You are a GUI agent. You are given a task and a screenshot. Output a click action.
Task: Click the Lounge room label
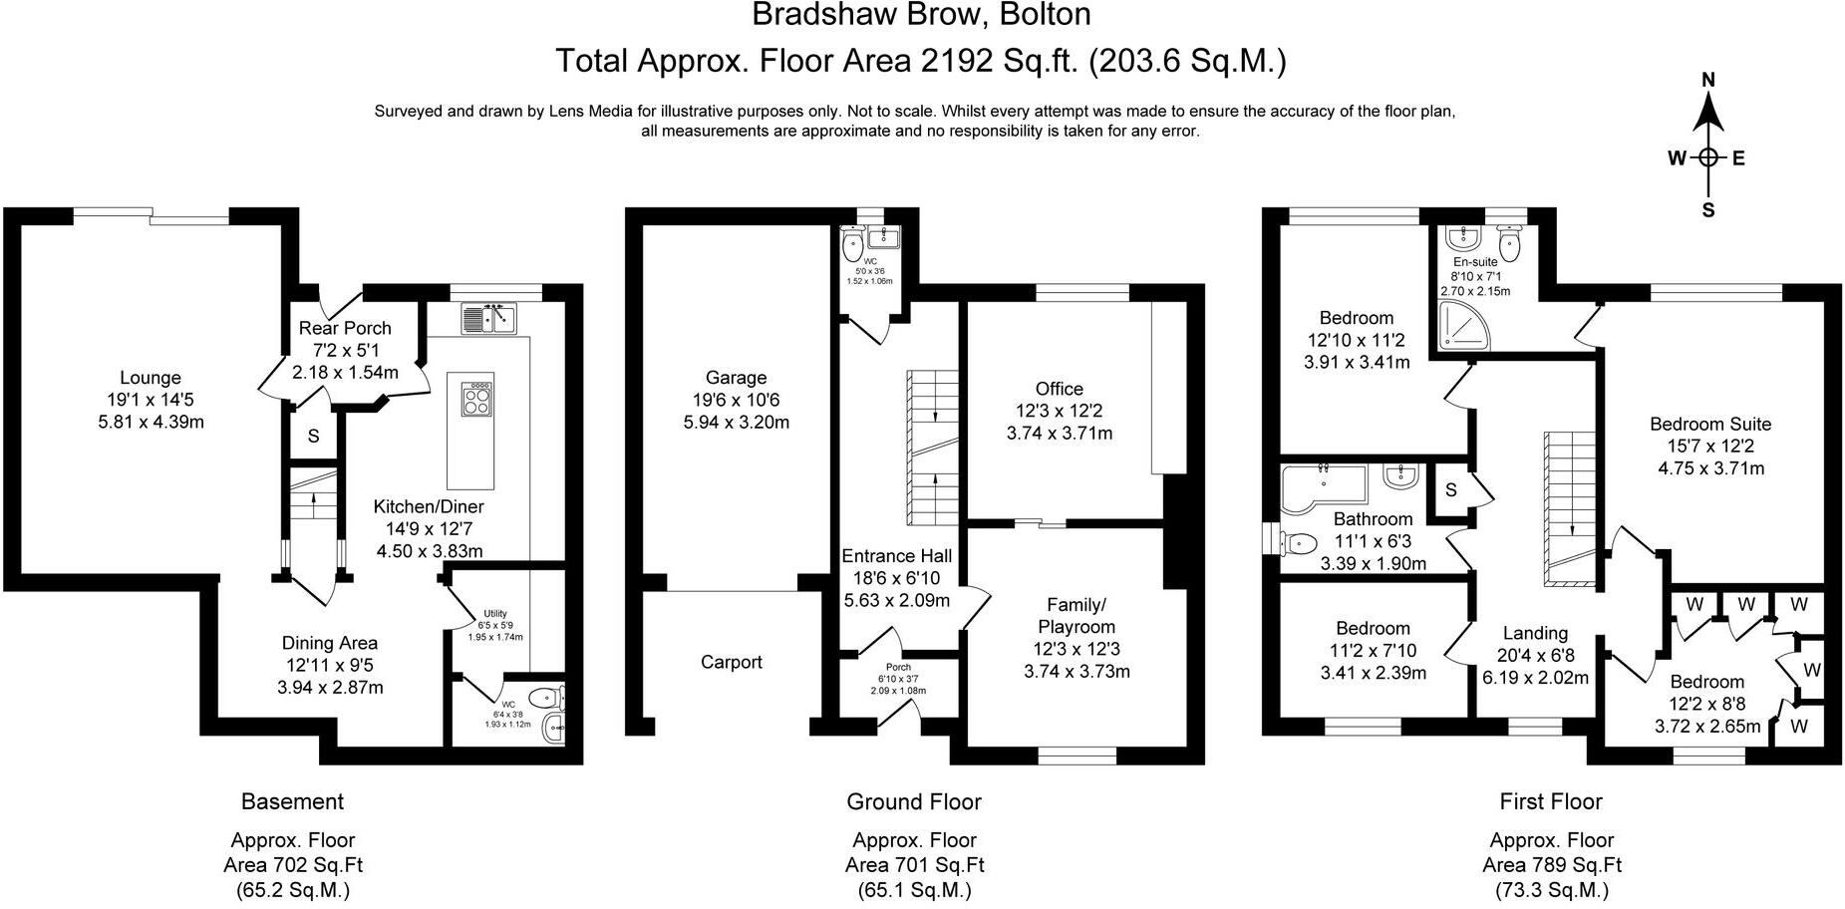pyautogui.click(x=151, y=378)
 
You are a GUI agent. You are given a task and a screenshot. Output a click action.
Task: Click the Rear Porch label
pyautogui.click(x=345, y=328)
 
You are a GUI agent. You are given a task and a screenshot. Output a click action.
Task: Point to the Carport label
pyautogui.click(x=731, y=662)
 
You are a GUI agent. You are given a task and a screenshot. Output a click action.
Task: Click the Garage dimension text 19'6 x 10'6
pyautogui.click(x=736, y=400)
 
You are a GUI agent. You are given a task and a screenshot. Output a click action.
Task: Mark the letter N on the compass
pyautogui.click(x=1707, y=80)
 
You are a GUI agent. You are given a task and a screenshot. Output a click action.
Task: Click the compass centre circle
pyautogui.click(x=1708, y=157)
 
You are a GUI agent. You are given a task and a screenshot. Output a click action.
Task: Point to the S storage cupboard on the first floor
pyautogui.click(x=1451, y=489)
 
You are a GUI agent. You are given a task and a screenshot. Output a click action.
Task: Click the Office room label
pyautogui.click(x=1059, y=389)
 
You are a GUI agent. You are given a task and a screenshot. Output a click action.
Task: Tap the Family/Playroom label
pyautogui.click(x=1076, y=616)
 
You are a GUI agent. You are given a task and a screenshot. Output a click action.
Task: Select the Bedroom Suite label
pyautogui.click(x=1710, y=424)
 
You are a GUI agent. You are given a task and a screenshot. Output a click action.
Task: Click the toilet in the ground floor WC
pyautogui.click(x=853, y=242)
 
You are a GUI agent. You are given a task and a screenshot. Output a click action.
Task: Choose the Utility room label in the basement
pyautogui.click(x=495, y=614)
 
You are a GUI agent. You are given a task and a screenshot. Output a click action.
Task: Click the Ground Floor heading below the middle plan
pyautogui.click(x=913, y=801)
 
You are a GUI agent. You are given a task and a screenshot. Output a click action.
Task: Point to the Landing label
pyautogui.click(x=1535, y=633)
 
